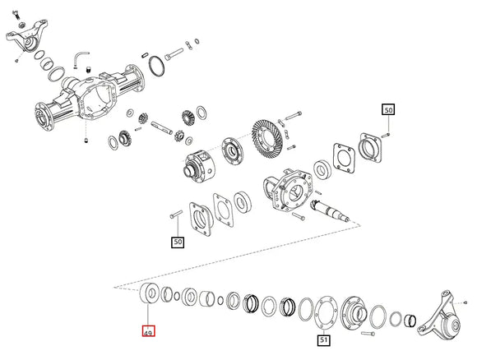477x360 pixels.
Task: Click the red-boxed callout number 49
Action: (x=149, y=332)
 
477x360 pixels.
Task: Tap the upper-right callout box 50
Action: (x=387, y=108)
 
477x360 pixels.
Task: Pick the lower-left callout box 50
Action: (x=178, y=242)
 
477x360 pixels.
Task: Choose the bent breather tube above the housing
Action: (x=81, y=57)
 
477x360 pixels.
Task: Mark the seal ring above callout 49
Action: (x=149, y=293)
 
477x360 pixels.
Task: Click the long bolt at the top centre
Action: (x=175, y=55)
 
